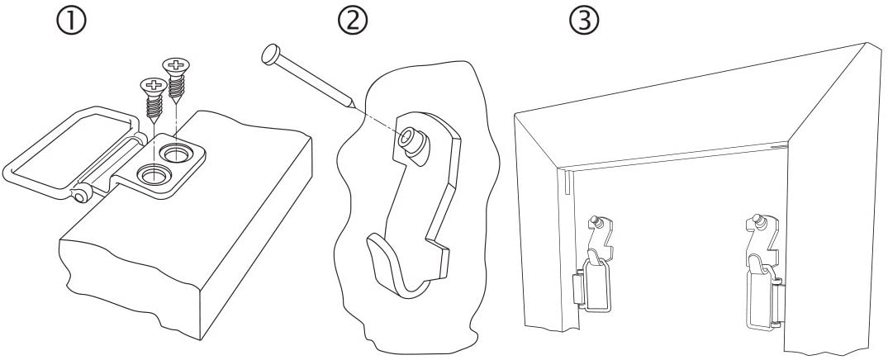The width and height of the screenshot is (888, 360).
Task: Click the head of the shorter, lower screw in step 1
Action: click(x=152, y=85)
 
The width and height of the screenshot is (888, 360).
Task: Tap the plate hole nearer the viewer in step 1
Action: click(x=154, y=174)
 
